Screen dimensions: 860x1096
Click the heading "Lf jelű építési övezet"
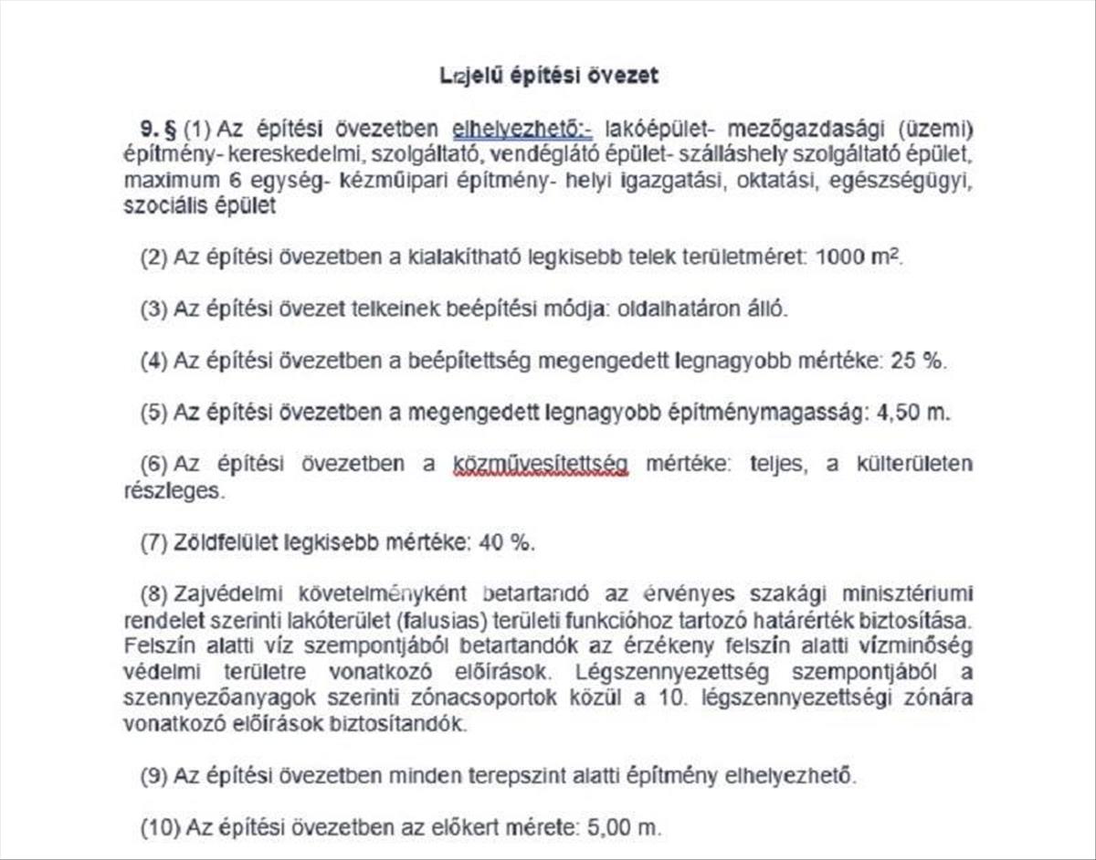(x=548, y=76)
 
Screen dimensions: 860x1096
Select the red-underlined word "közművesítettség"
(x=541, y=464)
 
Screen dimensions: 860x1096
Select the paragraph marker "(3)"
(x=154, y=309)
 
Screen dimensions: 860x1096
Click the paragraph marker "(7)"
(x=154, y=542)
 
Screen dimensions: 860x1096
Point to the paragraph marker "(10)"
(x=160, y=829)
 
